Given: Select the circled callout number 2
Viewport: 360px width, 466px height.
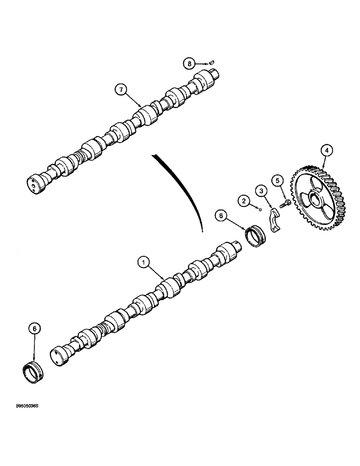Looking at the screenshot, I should (244, 201).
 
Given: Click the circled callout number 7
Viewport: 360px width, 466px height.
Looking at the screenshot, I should (121, 90).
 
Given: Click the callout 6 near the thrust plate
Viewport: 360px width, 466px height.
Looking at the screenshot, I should (221, 216).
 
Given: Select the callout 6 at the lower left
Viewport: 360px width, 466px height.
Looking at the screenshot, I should (34, 329).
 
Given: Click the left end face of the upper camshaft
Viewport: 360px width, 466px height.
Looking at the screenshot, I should (33, 183).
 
